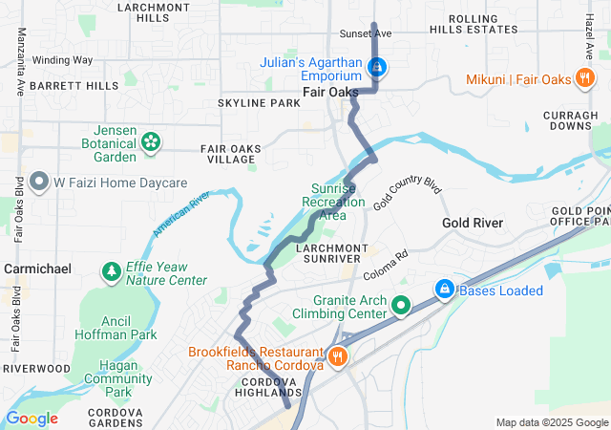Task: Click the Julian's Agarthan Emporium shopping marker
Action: [378, 67]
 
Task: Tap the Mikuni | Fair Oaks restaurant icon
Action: [584, 79]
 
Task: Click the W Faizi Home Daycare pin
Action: [39, 181]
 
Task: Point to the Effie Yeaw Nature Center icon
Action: [112, 273]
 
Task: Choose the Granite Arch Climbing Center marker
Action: [401, 306]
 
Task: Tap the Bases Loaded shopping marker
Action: [444, 289]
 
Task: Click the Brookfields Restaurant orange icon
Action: [336, 357]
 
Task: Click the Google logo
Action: [32, 419]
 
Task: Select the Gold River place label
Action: [473, 223]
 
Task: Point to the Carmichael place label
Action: [37, 269]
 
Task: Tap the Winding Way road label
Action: [62, 60]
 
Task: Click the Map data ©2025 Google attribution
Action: [551, 422]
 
